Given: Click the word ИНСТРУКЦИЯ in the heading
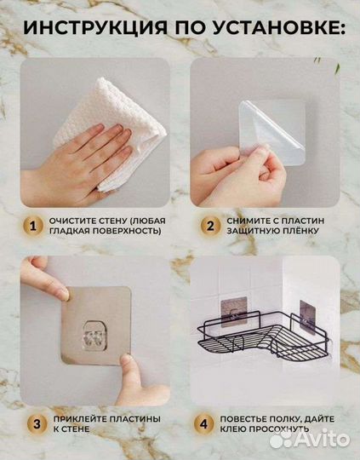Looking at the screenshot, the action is tap(95, 28).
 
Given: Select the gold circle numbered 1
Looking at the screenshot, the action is tap(33, 227).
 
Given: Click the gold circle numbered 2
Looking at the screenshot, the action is tap(210, 227).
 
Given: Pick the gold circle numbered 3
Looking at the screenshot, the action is tap(37, 424).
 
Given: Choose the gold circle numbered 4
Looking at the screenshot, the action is tap(203, 424).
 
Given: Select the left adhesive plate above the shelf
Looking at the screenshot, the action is tap(234, 312).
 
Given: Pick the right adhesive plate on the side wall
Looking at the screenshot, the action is tap(307, 317).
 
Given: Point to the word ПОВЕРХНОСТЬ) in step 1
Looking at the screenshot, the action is tap(127, 231).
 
